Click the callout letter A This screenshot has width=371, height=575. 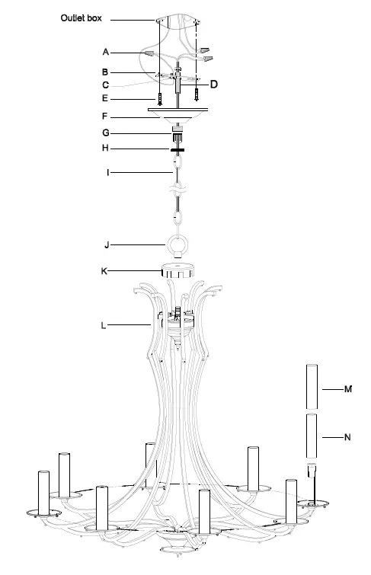point(107,51)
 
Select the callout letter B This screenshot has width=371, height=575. point(107,71)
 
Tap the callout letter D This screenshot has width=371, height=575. point(215,84)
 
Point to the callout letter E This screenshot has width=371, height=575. point(107,98)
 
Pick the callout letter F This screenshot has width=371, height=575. point(107,118)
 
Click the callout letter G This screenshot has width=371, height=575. point(107,133)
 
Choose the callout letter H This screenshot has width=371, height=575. point(107,149)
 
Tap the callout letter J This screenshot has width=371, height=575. point(107,245)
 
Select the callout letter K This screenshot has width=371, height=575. point(106,270)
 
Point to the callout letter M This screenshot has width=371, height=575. point(348,389)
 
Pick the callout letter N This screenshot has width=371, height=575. point(348,437)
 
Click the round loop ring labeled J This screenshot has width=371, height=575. point(178,246)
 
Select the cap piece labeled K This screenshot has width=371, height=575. point(178,272)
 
